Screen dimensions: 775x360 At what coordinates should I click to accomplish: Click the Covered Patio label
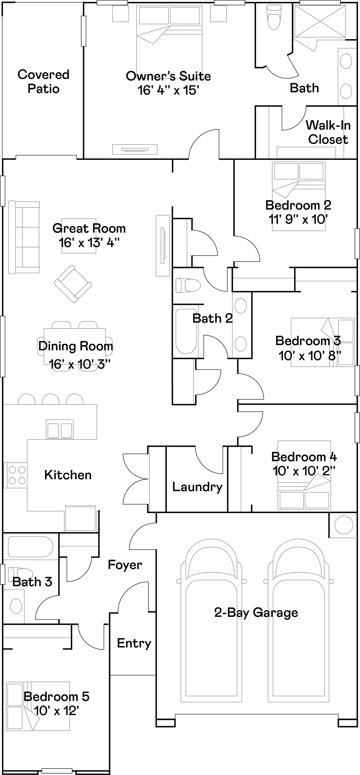pyautogui.click(x=43, y=82)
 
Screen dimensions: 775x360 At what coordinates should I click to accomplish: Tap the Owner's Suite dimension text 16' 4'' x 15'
pyautogui.click(x=168, y=90)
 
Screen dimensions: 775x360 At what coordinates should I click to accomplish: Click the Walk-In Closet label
pyautogui.click(x=328, y=132)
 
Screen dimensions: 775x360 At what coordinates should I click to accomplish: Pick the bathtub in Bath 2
pyautogui.click(x=186, y=331)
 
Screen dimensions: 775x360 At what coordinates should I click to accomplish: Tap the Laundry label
pyautogui.click(x=197, y=487)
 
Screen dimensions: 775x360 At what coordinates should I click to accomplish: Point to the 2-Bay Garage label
pyautogui.click(x=256, y=612)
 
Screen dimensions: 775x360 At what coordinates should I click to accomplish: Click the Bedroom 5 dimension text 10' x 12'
pyautogui.click(x=56, y=711)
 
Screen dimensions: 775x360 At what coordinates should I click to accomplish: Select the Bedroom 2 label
pyautogui.click(x=298, y=205)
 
